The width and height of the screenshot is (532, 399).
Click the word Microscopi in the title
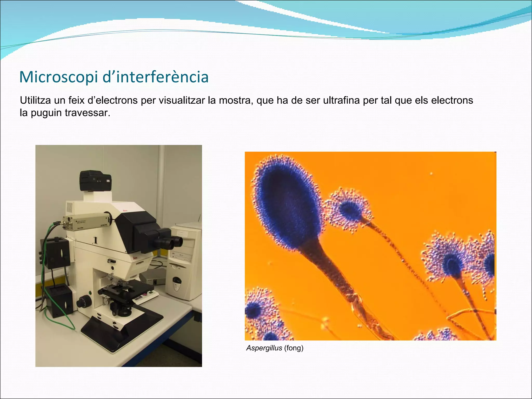[59, 77]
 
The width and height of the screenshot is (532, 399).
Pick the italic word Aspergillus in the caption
[264, 348]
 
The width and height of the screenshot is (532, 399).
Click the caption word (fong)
[294, 348]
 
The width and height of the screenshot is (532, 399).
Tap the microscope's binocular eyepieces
[168, 242]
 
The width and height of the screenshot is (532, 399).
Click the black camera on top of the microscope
[96, 181]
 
